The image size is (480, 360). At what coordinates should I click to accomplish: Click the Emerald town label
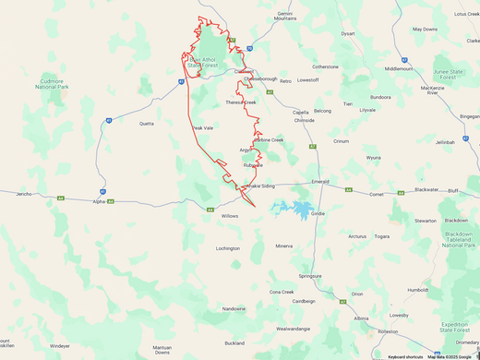click(x=320, y=181)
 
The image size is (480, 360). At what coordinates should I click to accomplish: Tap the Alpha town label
click(x=99, y=201)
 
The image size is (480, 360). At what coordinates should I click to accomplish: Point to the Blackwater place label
click(x=426, y=189)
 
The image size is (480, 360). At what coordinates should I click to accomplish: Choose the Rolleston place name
click(x=387, y=331)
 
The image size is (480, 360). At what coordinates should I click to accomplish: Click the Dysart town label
click(x=348, y=33)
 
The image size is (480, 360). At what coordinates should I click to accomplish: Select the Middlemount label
click(x=398, y=68)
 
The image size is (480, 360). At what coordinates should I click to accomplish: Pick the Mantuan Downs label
click(x=162, y=350)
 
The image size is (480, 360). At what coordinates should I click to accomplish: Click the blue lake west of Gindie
click(x=294, y=210)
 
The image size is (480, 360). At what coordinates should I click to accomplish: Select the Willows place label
click(x=229, y=215)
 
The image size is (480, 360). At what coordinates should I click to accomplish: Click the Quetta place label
click(x=146, y=123)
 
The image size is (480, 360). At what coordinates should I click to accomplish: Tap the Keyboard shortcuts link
click(x=404, y=356)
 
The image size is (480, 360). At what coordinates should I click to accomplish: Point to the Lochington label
click(x=228, y=248)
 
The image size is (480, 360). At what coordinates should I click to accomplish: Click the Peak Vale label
click(x=202, y=128)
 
